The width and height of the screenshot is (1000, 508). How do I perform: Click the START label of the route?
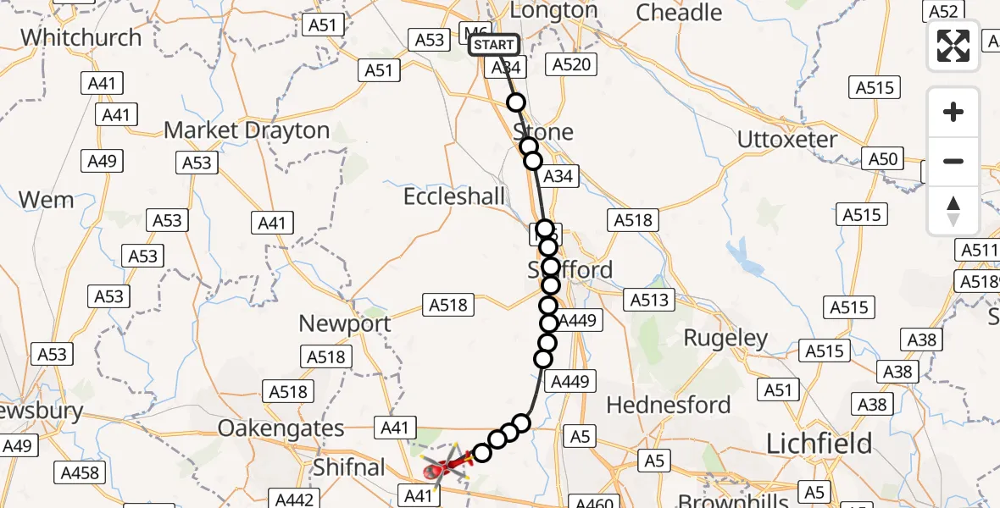[494, 45]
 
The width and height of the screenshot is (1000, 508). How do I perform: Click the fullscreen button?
[953, 46]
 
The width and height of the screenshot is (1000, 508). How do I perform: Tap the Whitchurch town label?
[81, 38]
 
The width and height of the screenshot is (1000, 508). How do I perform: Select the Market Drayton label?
[247, 130]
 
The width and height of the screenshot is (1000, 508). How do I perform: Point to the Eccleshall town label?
[454, 196]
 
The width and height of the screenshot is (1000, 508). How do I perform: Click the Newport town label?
[345, 323]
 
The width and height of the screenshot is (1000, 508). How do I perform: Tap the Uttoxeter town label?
[787, 139]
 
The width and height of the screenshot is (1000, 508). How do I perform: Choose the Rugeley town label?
[726, 339]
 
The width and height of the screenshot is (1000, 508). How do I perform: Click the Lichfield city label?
[819, 443]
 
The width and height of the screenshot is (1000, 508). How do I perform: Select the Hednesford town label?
[669, 405]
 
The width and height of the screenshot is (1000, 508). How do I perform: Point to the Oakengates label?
[281, 428]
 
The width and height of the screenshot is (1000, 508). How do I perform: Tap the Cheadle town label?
[679, 13]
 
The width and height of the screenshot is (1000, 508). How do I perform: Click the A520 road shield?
[574, 64]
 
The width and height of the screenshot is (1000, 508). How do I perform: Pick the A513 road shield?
[649, 299]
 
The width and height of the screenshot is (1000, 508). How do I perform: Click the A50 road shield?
[883, 157]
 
